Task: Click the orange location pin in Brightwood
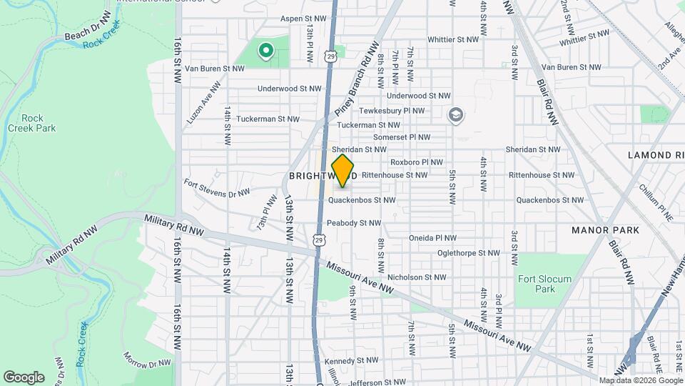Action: tap(343, 171)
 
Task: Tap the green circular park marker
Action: tap(265, 50)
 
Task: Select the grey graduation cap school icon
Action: tap(455, 114)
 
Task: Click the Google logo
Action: tap(24, 377)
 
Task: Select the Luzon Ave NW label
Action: tap(200, 107)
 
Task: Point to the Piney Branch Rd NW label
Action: tap(355, 79)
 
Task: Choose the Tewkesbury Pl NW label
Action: tap(392, 111)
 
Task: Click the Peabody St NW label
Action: tap(353, 223)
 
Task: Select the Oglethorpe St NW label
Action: tap(468, 252)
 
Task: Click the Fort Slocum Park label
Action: tap(537, 284)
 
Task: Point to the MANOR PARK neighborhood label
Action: tap(605, 230)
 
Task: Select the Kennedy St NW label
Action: tap(351, 360)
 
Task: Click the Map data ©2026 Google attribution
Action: tap(640, 380)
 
